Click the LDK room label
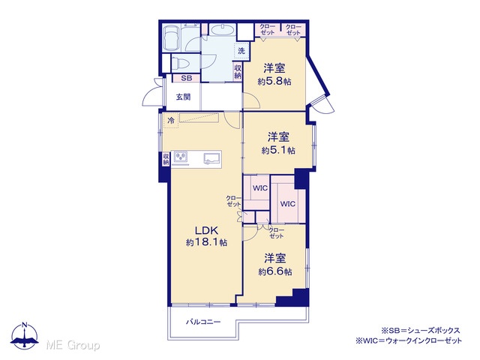pos(206,230)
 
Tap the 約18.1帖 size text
pos(206,243)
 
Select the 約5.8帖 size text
pos(274,82)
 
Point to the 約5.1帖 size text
pos(278,150)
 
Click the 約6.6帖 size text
pos(275,271)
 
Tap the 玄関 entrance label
pos(183,97)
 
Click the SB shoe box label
pos(187,78)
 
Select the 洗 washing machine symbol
pos(241,51)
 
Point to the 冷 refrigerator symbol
pos(171,120)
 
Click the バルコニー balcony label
pos(203,322)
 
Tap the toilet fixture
pos(181,64)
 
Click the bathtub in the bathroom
pos(172,38)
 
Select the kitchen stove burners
pos(181,157)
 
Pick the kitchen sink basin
pos(212,158)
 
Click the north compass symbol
pos(25,336)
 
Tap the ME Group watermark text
pos(73,345)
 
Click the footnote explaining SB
pos(420,331)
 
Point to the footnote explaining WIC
pos(409,340)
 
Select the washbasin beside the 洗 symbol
pos(223,30)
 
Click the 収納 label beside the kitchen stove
pos(166,159)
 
